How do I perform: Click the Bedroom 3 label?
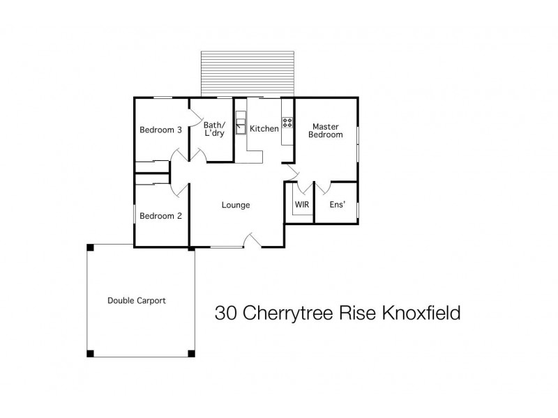(161, 130)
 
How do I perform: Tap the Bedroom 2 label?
(160, 216)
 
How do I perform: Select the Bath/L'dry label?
(213, 129)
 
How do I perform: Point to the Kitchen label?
(264, 129)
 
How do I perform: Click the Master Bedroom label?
(326, 130)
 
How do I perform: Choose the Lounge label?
(236, 205)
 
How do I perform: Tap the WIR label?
(302, 205)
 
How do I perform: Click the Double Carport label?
(137, 301)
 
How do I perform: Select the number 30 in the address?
(225, 313)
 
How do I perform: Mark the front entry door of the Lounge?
(252, 242)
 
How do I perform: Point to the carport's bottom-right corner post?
(191, 353)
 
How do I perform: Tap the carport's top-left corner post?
(89, 247)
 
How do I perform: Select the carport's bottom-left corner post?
(89, 353)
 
